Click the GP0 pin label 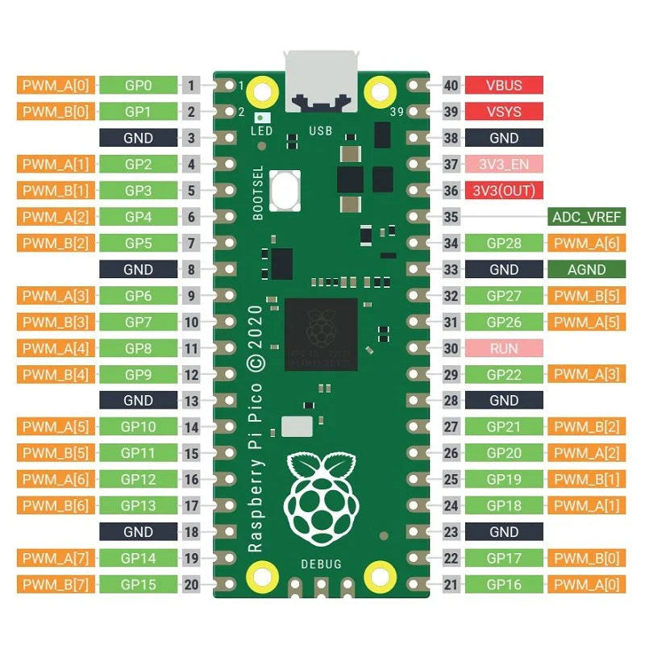tap(138, 85)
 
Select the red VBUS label tap(504, 85)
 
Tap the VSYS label tap(504, 112)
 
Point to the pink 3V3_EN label tap(504, 164)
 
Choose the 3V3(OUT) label tap(504, 191)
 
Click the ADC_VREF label tap(586, 217)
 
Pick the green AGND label tap(586, 269)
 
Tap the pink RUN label tap(504, 348)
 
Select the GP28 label tap(504, 243)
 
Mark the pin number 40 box tap(451, 85)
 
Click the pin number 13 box tap(191, 401)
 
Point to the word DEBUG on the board tap(321, 564)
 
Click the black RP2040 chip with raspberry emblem tap(321, 333)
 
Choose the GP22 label tap(504, 375)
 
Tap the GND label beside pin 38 tap(504, 138)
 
